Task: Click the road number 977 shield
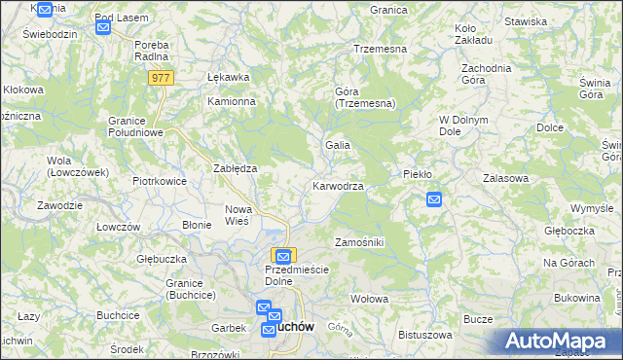[163, 78]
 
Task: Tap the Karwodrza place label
[339, 185]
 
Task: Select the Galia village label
[338, 145]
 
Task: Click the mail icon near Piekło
[434, 200]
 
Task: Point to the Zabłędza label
[235, 167]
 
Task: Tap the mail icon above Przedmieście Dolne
[282, 256]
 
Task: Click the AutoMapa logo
[554, 342]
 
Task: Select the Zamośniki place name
[359, 241]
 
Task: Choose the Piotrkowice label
[160, 180]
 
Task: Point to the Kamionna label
[231, 101]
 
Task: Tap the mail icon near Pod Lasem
[103, 28]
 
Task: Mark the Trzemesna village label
[380, 48]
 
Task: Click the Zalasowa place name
[505, 178]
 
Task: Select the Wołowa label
[369, 298]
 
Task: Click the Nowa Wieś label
[238, 215]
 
